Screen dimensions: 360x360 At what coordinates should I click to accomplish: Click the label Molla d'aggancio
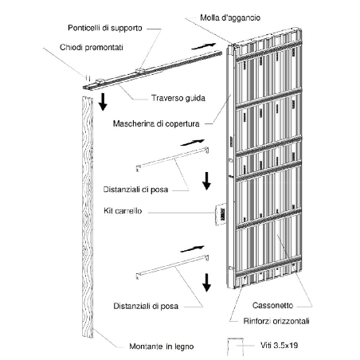pos(230,18)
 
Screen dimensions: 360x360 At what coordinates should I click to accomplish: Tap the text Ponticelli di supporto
pos(105,28)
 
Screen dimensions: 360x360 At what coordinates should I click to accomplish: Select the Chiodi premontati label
pos(92,47)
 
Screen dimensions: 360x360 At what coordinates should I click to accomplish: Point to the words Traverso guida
pos(178,98)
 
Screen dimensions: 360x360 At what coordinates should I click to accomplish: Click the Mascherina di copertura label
pos(156,123)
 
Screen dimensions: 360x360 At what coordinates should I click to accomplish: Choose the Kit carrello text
pos(123,211)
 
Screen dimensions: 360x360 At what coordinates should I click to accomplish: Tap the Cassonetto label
pos(272,305)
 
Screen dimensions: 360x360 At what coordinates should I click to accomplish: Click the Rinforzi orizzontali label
pos(276,321)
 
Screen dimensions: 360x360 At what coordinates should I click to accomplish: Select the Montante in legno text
pos(162,346)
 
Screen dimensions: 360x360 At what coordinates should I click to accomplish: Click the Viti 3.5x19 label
pos(279,345)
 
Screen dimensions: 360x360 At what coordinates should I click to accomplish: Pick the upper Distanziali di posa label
pos(135,190)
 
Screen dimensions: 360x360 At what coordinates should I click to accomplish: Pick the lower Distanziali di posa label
pos(146,306)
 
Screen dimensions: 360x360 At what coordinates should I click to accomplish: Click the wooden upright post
pos(88,217)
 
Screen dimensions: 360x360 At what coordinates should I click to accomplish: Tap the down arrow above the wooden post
pos(103,101)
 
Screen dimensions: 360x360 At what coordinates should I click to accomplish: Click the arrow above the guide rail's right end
pos(204,46)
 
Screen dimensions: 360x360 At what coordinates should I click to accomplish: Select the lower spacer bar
pos(172,267)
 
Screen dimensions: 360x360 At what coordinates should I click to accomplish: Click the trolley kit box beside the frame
pos(221,214)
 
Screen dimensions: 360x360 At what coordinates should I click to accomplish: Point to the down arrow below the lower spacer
pos(206,283)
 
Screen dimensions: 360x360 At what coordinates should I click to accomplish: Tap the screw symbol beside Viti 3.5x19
pos(236,346)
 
